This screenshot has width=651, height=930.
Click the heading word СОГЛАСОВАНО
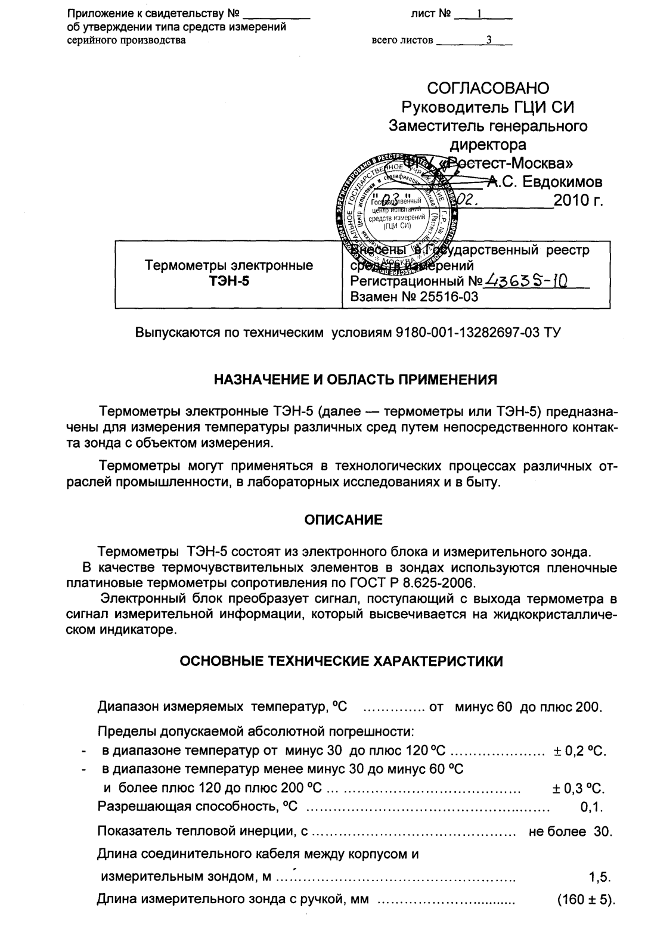point(488,89)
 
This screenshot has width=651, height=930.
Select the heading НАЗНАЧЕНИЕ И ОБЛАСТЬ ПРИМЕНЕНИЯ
point(355,379)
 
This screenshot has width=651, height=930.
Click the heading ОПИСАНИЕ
point(344,520)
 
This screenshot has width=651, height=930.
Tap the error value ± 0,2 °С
point(579,751)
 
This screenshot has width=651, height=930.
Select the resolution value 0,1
point(591,809)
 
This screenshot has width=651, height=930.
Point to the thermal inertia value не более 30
point(571,832)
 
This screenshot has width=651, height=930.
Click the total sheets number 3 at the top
point(488,41)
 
